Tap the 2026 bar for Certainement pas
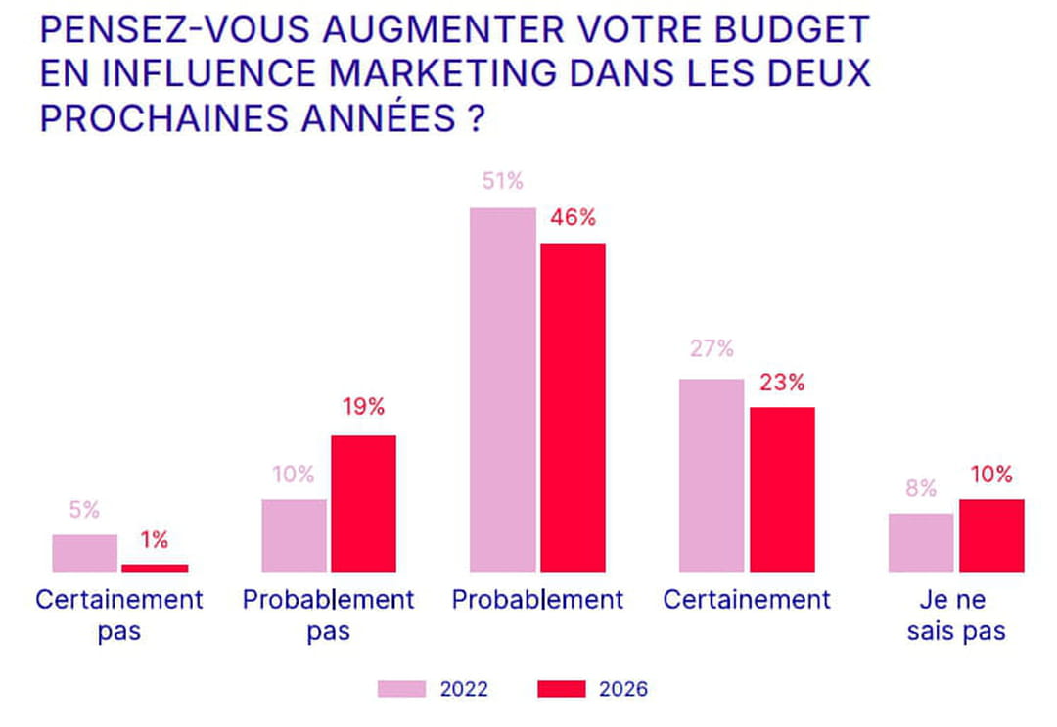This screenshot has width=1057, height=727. (155, 568)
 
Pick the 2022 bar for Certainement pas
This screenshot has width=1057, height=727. (84, 553)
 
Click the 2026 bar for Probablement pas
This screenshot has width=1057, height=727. (363, 503)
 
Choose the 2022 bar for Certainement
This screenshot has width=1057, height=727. (712, 475)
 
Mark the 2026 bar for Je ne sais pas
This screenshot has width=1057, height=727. (991, 535)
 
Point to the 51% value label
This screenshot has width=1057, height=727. (502, 182)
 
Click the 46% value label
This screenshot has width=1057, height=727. (573, 217)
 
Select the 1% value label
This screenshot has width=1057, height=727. (154, 539)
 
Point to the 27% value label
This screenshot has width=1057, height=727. (712, 349)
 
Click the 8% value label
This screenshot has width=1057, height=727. (920, 488)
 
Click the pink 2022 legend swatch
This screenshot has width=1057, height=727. (401, 689)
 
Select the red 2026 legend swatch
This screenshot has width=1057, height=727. (561, 689)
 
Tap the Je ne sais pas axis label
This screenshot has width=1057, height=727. (956, 615)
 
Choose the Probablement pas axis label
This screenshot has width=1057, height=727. (329, 615)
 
